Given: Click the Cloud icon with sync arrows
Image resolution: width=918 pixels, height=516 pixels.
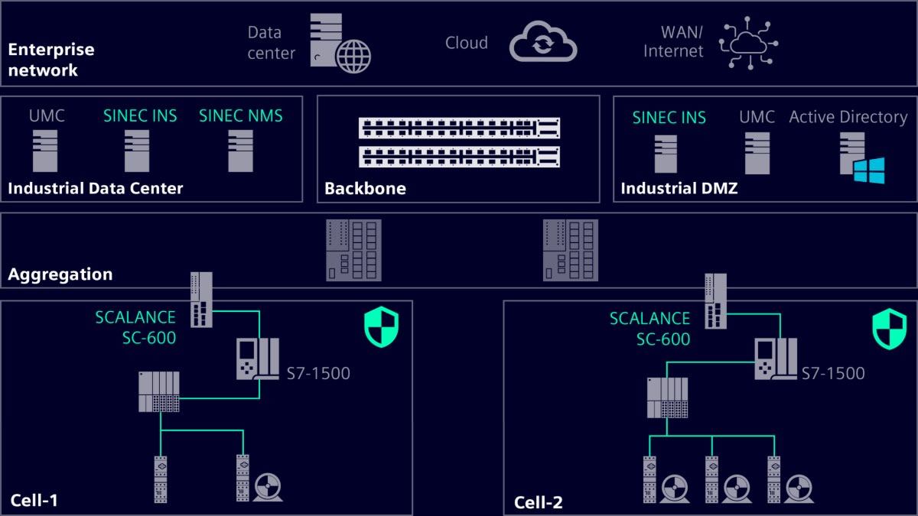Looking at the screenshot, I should (x=543, y=42).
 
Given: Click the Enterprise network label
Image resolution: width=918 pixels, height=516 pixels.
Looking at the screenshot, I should (x=51, y=60).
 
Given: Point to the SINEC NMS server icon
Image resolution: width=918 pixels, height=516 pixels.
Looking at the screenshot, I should (x=240, y=150).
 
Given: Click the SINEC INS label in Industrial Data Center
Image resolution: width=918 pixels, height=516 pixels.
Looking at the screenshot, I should (x=140, y=116).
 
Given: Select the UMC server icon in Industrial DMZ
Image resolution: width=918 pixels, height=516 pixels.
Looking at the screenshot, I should (x=757, y=152).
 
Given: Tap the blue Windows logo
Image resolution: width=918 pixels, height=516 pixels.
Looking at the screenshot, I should (x=869, y=170).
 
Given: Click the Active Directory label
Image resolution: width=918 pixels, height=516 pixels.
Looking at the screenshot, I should (x=848, y=117).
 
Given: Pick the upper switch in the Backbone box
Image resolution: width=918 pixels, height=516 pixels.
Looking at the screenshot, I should (x=459, y=128).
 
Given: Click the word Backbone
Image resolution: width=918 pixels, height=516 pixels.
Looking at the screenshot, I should (x=365, y=188).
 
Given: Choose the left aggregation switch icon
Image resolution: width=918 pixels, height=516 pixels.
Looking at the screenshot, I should (x=353, y=250).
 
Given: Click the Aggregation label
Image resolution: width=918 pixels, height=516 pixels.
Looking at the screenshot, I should (x=60, y=274).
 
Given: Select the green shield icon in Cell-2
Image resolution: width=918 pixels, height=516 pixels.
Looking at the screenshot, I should (x=889, y=329).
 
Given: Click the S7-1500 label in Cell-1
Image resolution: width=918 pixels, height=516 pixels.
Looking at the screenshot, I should (x=317, y=374).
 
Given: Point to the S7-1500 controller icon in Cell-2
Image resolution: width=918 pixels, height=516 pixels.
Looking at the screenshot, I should (x=775, y=359).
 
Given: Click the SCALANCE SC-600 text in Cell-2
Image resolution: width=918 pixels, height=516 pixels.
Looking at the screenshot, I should (x=649, y=329).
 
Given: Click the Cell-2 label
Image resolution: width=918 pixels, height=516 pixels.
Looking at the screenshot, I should (x=538, y=502).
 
